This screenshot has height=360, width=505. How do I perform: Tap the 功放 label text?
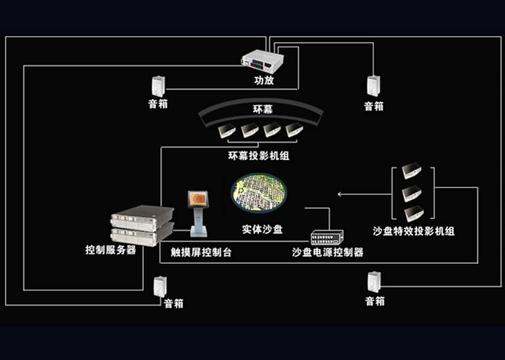(264, 79)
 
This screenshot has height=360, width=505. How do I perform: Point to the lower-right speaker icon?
(374, 282)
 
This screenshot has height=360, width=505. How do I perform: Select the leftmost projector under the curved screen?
(226, 129)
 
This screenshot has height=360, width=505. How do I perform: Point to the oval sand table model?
(258, 192)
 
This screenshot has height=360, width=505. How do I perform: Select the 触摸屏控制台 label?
(201, 252)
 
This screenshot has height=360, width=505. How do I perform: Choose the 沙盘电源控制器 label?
(328, 252)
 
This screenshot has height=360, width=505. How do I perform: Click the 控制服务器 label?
(111, 249)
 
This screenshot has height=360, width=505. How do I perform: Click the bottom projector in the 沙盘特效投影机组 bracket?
(413, 213)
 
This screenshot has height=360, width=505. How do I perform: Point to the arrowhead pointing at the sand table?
(339, 194)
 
